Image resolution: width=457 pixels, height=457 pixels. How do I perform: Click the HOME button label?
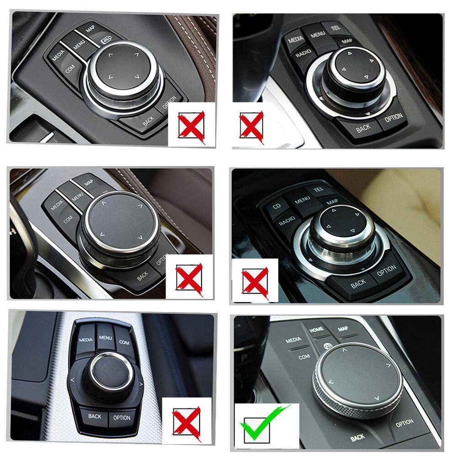(x=316, y=329)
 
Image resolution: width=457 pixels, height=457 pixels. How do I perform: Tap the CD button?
(x=277, y=206)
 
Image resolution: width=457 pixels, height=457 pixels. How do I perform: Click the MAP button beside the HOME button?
(x=343, y=329)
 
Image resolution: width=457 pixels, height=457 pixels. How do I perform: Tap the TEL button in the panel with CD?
(x=319, y=189)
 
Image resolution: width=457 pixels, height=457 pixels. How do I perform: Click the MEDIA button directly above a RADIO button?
(x=296, y=40)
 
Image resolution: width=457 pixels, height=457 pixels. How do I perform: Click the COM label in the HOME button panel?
(x=304, y=356)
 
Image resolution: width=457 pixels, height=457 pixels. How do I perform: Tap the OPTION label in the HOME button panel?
(x=404, y=423)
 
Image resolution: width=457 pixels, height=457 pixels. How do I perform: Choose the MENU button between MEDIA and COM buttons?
(x=105, y=339)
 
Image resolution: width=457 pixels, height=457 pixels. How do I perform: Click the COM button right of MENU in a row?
(x=124, y=342)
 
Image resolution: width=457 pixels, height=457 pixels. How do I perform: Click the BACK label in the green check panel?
(x=357, y=438)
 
